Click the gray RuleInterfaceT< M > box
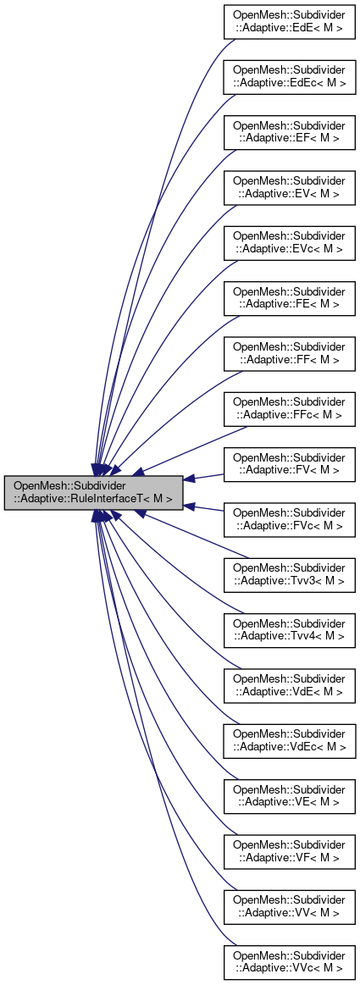click(x=94, y=492)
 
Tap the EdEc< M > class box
click(x=289, y=79)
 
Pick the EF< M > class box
click(x=289, y=133)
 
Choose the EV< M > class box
click(x=289, y=187)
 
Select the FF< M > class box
click(x=289, y=354)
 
